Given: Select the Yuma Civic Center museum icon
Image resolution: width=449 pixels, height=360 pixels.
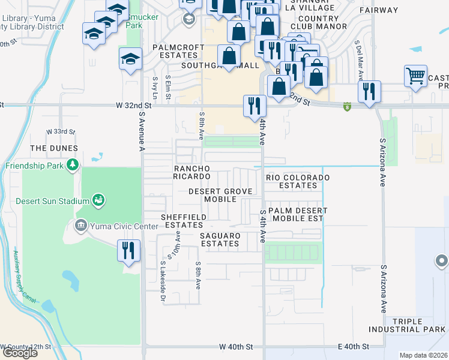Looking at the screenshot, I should (x=80, y=226).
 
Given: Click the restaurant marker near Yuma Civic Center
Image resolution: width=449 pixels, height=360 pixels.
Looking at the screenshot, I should (x=128, y=250).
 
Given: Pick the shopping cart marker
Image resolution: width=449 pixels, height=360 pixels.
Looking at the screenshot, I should (x=415, y=76).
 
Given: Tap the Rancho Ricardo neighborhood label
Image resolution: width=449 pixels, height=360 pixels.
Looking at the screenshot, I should (x=191, y=172).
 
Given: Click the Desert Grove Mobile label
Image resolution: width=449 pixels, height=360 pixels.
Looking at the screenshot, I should (x=220, y=195).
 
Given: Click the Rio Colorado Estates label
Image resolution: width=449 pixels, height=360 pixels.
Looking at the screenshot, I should (x=299, y=181).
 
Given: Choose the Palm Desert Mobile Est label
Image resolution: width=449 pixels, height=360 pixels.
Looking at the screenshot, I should (x=298, y=214).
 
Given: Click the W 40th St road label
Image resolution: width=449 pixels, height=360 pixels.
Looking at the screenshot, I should (x=237, y=347).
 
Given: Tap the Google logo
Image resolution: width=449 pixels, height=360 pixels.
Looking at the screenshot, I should (x=20, y=353).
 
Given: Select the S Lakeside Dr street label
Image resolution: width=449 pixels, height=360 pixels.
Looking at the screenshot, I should (x=163, y=282).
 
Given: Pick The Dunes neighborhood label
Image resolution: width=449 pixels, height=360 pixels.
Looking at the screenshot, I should (x=54, y=148).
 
